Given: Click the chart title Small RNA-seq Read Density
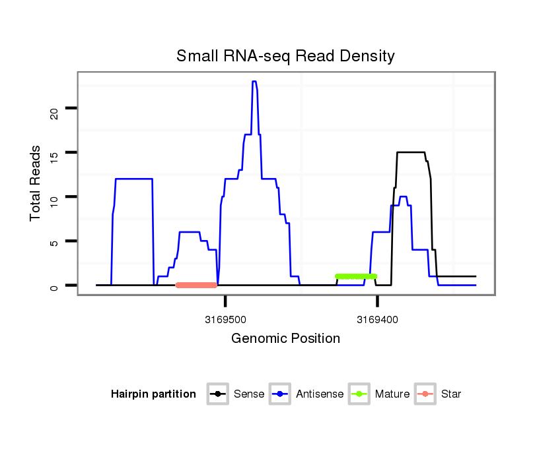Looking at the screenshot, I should (x=285, y=56).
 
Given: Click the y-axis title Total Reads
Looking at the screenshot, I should (x=36, y=183).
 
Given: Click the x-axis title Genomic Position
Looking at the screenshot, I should (x=285, y=339).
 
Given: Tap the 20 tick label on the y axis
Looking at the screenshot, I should (x=54, y=109).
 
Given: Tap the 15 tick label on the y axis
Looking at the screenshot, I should (x=54, y=153).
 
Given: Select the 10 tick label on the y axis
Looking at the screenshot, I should (x=54, y=197).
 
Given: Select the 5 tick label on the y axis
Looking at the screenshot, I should (x=54, y=242).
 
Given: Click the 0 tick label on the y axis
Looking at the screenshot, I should (x=54, y=286).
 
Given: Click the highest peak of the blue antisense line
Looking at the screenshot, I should (x=254, y=82).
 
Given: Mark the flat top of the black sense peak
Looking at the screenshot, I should (x=410, y=152).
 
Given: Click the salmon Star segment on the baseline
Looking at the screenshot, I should (x=197, y=285).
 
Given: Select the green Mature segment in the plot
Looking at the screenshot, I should (x=356, y=276).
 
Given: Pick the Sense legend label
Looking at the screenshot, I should (x=249, y=394).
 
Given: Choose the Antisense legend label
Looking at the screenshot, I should (x=320, y=394).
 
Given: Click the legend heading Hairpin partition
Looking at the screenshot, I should (x=153, y=394).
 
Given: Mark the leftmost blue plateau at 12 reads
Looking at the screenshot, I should (x=134, y=179).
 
